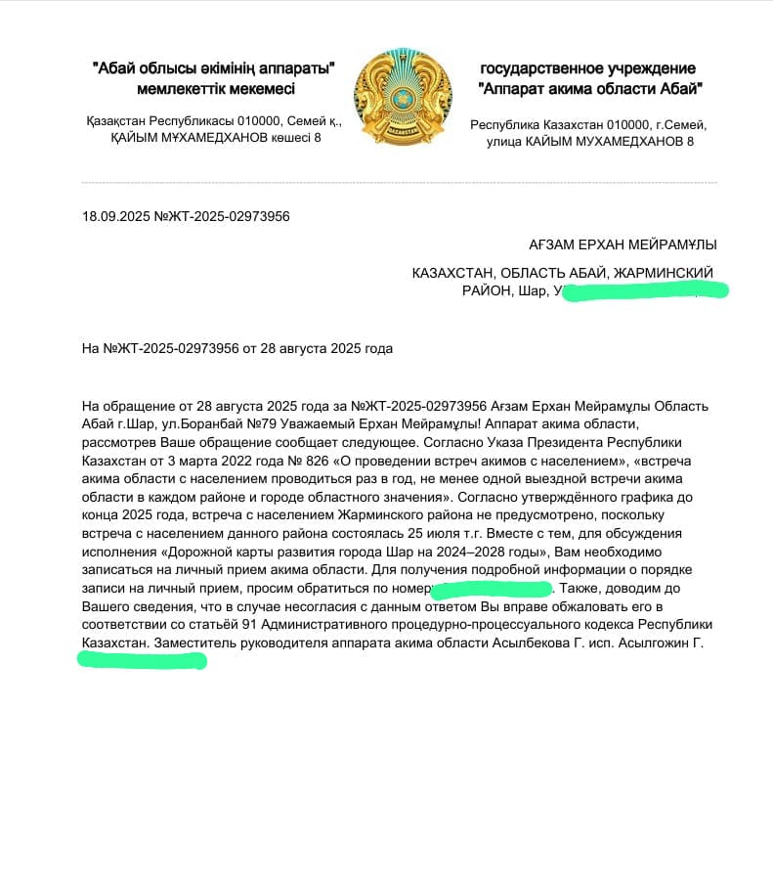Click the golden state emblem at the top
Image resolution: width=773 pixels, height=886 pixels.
(x=401, y=100)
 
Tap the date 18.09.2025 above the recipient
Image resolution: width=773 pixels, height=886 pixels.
(x=116, y=216)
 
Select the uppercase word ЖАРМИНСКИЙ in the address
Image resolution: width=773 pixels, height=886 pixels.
(x=664, y=272)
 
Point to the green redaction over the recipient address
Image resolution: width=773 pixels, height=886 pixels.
(x=645, y=290)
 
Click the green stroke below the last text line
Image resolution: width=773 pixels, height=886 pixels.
(x=142, y=660)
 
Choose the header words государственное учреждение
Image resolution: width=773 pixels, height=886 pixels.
(x=588, y=68)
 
